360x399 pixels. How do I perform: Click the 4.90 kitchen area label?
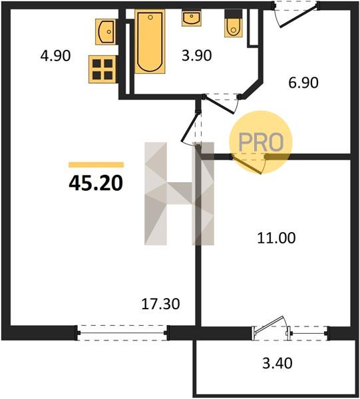click(55, 56)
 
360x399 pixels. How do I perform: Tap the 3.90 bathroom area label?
click(196, 55)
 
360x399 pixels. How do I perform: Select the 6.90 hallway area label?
click(303, 82)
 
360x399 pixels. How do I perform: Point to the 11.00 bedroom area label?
click(276, 238)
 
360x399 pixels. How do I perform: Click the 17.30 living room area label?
click(160, 304)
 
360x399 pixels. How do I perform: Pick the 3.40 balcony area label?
click(277, 363)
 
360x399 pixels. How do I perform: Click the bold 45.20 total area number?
click(96, 184)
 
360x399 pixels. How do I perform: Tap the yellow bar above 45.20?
click(96, 165)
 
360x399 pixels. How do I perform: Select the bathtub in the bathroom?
click(150, 41)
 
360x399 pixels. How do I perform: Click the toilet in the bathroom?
click(233, 23)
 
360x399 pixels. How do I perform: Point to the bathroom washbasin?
click(192, 18)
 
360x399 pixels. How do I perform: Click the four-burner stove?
click(102, 69)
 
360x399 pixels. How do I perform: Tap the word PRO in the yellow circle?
click(261, 142)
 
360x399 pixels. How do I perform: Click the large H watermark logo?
click(179, 194)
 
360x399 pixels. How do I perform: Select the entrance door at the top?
click(296, 14)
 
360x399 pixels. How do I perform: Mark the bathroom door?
click(221, 104)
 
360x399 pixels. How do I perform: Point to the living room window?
click(122, 332)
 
